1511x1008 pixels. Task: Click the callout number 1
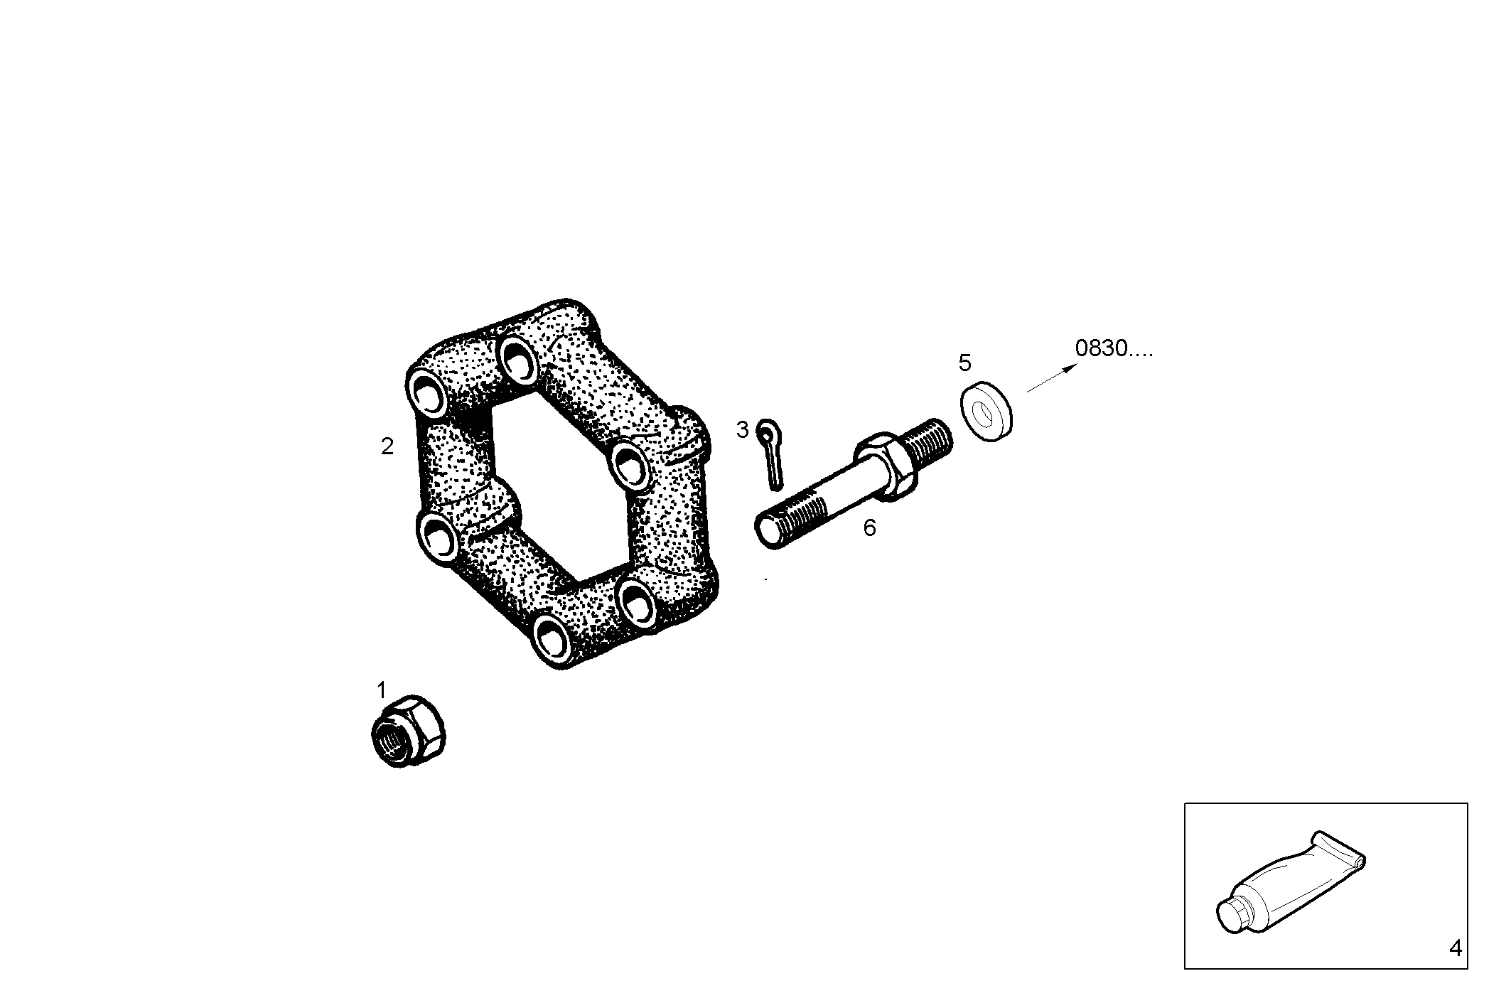[381, 690]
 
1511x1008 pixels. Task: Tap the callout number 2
[387, 446]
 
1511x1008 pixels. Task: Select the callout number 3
[742, 429]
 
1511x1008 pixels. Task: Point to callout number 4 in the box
[1455, 948]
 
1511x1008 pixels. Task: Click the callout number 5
[964, 363]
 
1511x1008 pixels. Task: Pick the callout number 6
[869, 528]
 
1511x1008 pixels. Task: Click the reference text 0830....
[1113, 349]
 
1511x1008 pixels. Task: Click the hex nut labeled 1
[409, 731]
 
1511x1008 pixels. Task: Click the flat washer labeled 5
[986, 412]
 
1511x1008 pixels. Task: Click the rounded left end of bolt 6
[767, 533]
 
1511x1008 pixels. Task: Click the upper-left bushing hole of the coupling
[429, 393]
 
